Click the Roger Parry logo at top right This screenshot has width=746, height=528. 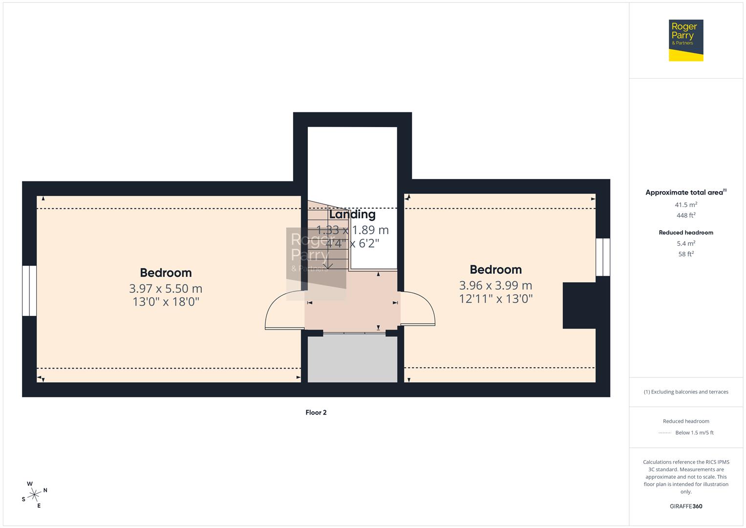pyautogui.click(x=685, y=40)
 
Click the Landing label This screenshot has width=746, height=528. pyautogui.click(x=352, y=215)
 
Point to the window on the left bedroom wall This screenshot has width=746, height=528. pyautogui.click(x=29, y=290)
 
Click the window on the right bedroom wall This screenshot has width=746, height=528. pyautogui.click(x=603, y=257)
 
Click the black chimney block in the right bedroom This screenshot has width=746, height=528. pyautogui.click(x=579, y=305)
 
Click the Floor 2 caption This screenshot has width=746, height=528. pyautogui.click(x=316, y=413)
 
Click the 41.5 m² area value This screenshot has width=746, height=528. pyautogui.click(x=686, y=205)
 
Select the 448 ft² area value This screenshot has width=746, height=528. pyautogui.click(x=686, y=216)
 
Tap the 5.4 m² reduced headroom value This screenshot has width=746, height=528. pyautogui.click(x=686, y=243)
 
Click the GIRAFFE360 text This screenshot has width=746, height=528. pyautogui.click(x=686, y=506)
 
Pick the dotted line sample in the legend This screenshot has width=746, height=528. pyautogui.click(x=665, y=433)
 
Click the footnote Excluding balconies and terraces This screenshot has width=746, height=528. pyautogui.click(x=686, y=392)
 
